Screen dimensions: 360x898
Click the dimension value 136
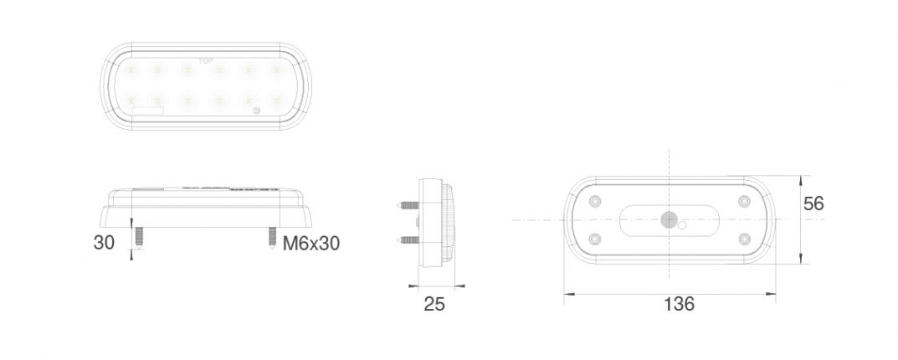[x=679, y=304]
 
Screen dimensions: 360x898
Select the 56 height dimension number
[x=813, y=203]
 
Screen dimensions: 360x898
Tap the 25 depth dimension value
[x=434, y=304]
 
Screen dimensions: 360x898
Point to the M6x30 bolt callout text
[x=311, y=244]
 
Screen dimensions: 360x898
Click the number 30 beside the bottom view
[x=105, y=243]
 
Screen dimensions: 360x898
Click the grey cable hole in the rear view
[x=668, y=220]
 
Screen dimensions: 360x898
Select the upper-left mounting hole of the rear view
[x=595, y=202]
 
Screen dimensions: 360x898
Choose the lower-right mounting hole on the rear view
[x=744, y=239]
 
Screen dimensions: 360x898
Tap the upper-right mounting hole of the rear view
[x=744, y=202]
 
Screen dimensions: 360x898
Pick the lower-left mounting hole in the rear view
[x=595, y=239]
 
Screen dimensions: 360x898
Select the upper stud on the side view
[x=407, y=203]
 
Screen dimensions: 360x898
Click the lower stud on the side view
[x=407, y=239]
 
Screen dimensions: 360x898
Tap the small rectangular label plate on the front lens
[x=147, y=111]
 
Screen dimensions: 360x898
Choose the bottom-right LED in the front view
[x=277, y=100]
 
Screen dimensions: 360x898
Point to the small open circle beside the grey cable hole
[x=684, y=225]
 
